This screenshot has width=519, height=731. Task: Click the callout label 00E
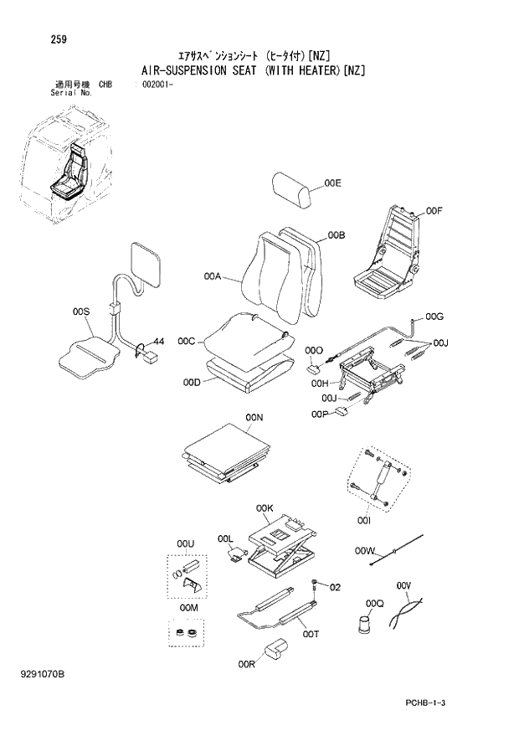click(333, 183)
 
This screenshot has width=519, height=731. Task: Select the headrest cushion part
click(291, 191)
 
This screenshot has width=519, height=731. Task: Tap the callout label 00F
click(433, 211)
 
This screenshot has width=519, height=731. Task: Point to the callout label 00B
click(337, 235)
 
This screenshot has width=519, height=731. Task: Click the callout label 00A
click(213, 276)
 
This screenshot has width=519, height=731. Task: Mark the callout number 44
click(157, 342)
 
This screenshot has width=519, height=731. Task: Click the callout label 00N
click(254, 417)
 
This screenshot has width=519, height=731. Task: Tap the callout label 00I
click(363, 520)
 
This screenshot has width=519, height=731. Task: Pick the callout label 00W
click(363, 550)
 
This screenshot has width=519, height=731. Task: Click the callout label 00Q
click(374, 603)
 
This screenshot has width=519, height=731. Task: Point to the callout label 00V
click(405, 584)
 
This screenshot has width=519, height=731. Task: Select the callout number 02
click(336, 587)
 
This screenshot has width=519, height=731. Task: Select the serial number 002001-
click(150, 85)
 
